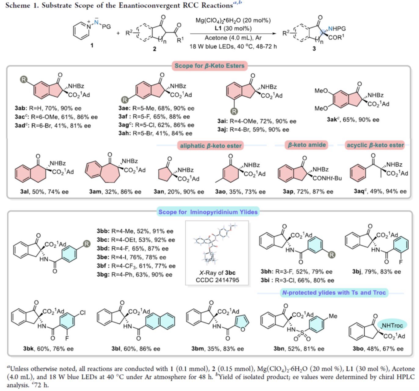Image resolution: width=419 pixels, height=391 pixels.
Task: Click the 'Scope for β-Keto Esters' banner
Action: click(x=209, y=66)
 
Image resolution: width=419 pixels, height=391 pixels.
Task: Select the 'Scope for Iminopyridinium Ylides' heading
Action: click(x=208, y=212)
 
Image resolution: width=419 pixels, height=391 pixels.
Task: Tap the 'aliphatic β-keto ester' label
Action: click(x=211, y=146)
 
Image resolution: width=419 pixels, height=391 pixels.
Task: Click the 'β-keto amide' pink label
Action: click(x=307, y=145)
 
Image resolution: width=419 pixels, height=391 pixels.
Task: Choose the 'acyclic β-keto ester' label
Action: click(x=375, y=145)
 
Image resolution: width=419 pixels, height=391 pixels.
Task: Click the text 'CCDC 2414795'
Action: click(x=217, y=280)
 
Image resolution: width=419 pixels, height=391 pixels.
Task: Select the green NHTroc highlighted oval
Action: click(x=392, y=326)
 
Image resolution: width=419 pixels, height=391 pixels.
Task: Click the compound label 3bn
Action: click(x=279, y=348)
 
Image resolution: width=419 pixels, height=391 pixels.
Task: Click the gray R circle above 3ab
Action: click(x=24, y=80)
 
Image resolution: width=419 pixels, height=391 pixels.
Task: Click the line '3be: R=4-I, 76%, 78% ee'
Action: click(x=132, y=257)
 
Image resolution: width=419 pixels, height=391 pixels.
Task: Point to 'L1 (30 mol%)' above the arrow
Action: click(x=233, y=28)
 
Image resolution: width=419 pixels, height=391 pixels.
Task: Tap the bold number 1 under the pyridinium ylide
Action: click(x=92, y=45)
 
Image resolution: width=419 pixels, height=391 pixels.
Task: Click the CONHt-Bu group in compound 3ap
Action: click(x=327, y=178)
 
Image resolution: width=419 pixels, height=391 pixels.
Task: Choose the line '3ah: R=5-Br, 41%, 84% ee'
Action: click(x=155, y=133)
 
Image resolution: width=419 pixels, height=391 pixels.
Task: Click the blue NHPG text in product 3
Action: click(x=337, y=28)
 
